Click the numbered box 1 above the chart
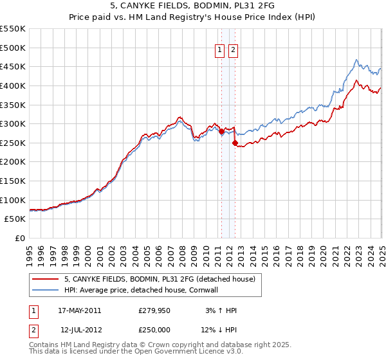coord(219,51)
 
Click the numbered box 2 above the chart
coord(232,51)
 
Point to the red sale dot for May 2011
coord(221,132)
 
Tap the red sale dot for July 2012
coord(235,143)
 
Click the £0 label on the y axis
coord(19,238)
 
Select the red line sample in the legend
coord(46,279)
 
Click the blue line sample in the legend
coord(46,290)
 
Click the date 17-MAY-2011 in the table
coord(79,310)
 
